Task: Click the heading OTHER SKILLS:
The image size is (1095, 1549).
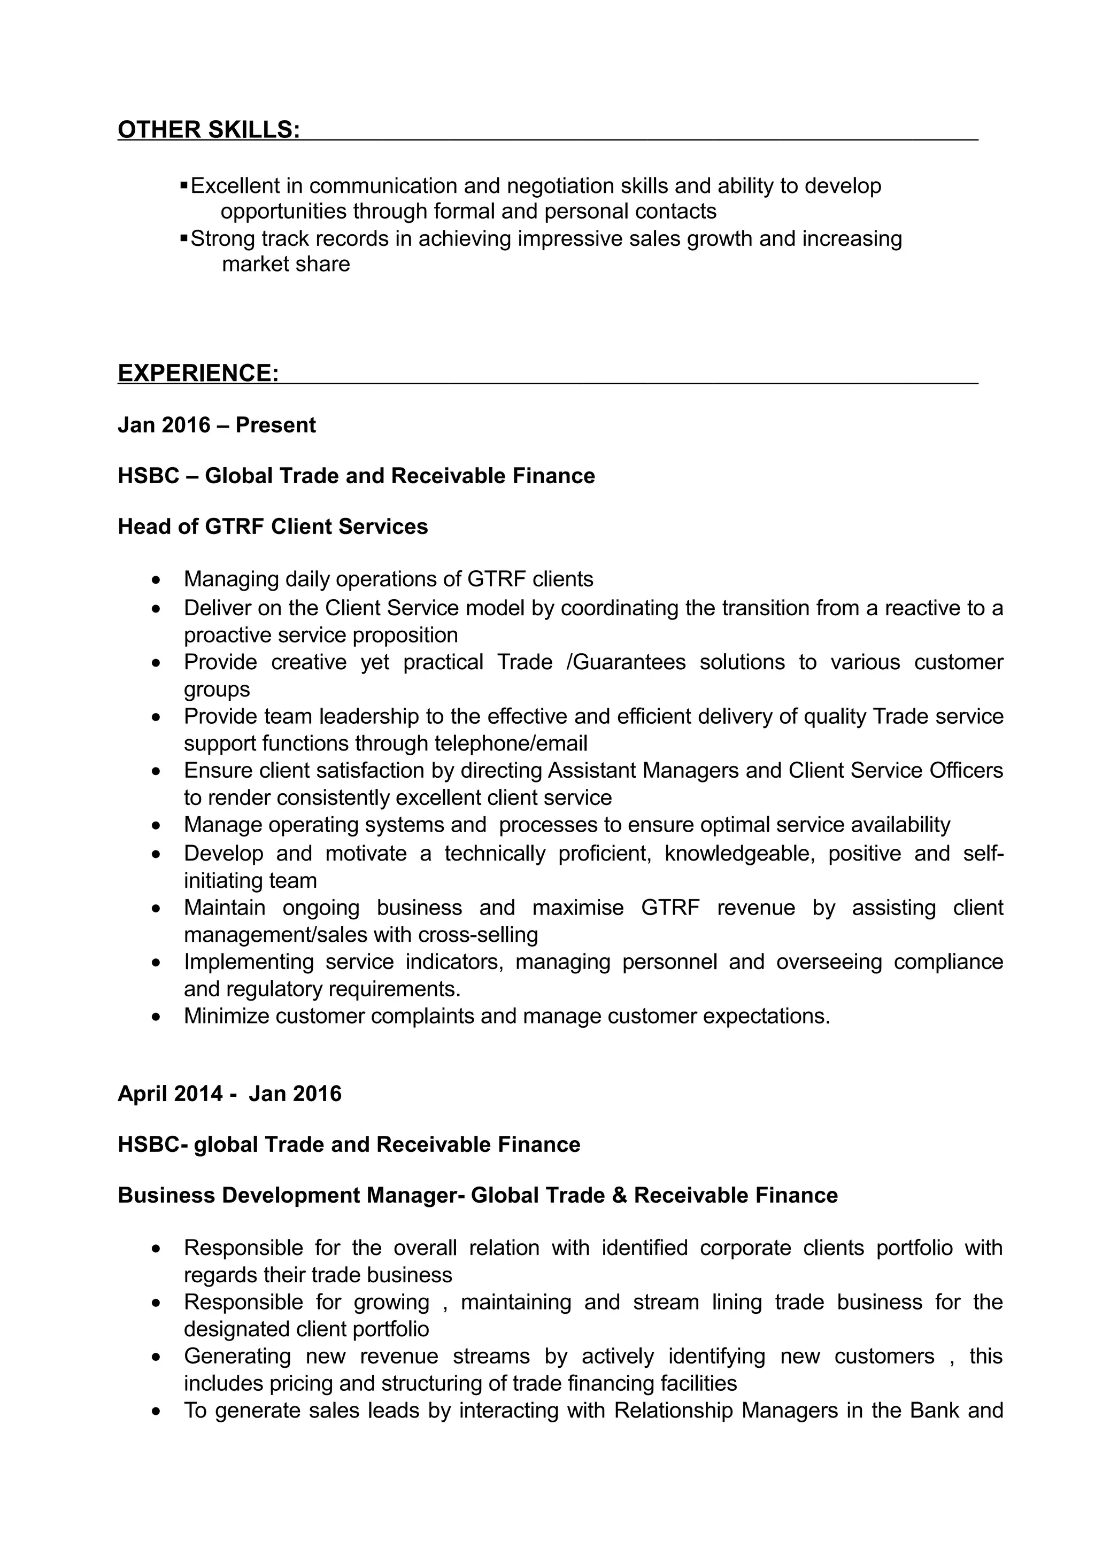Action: coord(209,129)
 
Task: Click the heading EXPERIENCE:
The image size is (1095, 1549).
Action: coord(198,373)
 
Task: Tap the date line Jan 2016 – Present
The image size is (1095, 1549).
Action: coord(217,425)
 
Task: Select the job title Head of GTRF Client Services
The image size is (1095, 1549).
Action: coord(273,526)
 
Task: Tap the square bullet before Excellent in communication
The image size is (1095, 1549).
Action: coord(183,184)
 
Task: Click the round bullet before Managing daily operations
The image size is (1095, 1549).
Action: coord(157,579)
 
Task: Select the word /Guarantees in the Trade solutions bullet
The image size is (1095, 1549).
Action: coord(626,662)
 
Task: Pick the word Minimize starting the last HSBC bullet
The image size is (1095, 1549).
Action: coord(227,1016)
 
